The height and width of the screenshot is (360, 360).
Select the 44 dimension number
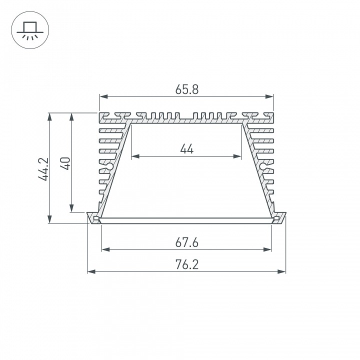[x=186, y=149]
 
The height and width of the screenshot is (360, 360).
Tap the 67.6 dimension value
[x=187, y=242]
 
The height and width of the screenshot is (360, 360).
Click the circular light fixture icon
[x=28, y=29]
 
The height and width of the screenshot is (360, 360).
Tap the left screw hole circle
[x=109, y=165]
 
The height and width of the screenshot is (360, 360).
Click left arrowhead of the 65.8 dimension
[x=102, y=96]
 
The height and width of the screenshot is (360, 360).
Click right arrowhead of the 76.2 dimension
[x=283, y=272]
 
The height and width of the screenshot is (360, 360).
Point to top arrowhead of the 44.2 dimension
[x=49, y=116]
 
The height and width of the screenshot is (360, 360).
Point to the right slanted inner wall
[x=257, y=170]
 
